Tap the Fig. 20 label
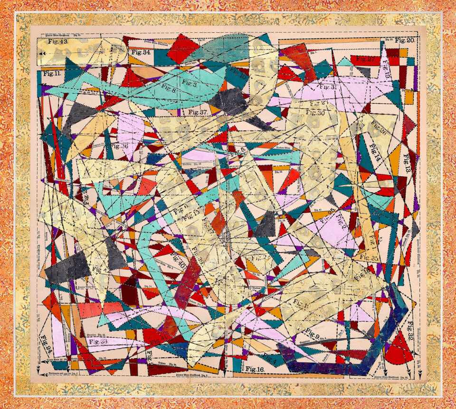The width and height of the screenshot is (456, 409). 404,40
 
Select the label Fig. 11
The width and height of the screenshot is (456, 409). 51,74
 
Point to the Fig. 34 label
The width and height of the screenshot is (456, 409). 141,52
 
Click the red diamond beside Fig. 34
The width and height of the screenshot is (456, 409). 182,48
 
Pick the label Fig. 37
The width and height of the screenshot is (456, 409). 197,112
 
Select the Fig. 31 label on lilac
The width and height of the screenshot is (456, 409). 328,87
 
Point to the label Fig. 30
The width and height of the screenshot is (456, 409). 317,113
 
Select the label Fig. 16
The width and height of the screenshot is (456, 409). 255,369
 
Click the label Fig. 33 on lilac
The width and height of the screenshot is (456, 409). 98,342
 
